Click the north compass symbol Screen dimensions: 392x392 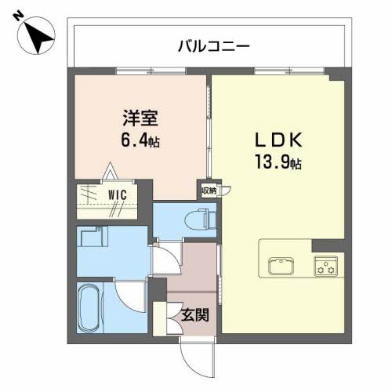coord(36,35)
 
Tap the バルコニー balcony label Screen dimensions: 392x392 coord(214,47)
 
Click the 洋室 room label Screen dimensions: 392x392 coord(140,118)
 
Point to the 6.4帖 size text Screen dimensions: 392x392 coord(140,140)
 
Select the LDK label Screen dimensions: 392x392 coord(278,140)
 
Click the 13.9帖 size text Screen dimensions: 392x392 coord(278,162)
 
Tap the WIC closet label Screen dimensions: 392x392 coord(118,195)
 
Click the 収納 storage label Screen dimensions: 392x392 coord(209,191)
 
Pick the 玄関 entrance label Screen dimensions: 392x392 coord(195,314)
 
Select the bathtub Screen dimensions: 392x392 coord(89,307)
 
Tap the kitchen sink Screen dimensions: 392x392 coord(281,266)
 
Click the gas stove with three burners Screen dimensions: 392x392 coord(325,266)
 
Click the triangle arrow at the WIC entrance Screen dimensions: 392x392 coord(110,171)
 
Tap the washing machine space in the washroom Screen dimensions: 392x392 coord(94,237)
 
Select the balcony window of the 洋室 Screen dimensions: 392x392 coord(151,71)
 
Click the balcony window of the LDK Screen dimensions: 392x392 coord(289,71)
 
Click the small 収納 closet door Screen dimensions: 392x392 coord(226,191)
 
